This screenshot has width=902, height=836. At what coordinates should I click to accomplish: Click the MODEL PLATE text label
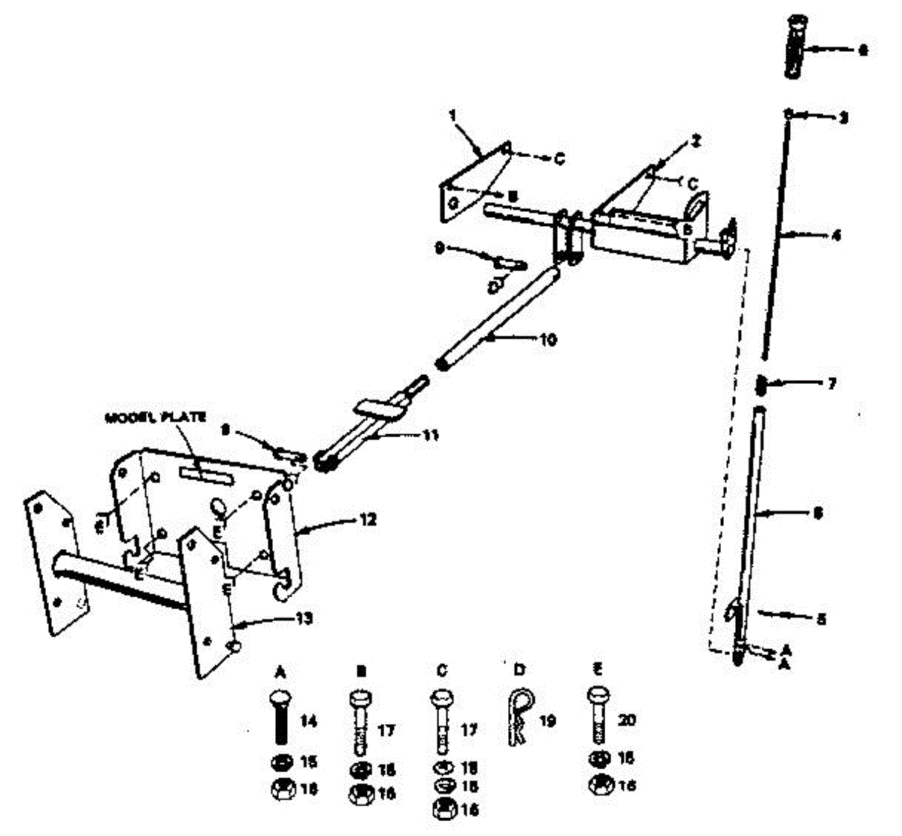tap(156, 418)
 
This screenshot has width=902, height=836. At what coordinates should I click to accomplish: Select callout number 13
tap(304, 619)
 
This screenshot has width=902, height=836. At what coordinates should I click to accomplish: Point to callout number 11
tap(431, 435)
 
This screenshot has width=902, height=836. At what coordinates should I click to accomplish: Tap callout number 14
tap(308, 722)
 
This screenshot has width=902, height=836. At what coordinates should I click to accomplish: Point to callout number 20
tap(627, 720)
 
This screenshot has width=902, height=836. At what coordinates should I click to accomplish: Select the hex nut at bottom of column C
tap(441, 809)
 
